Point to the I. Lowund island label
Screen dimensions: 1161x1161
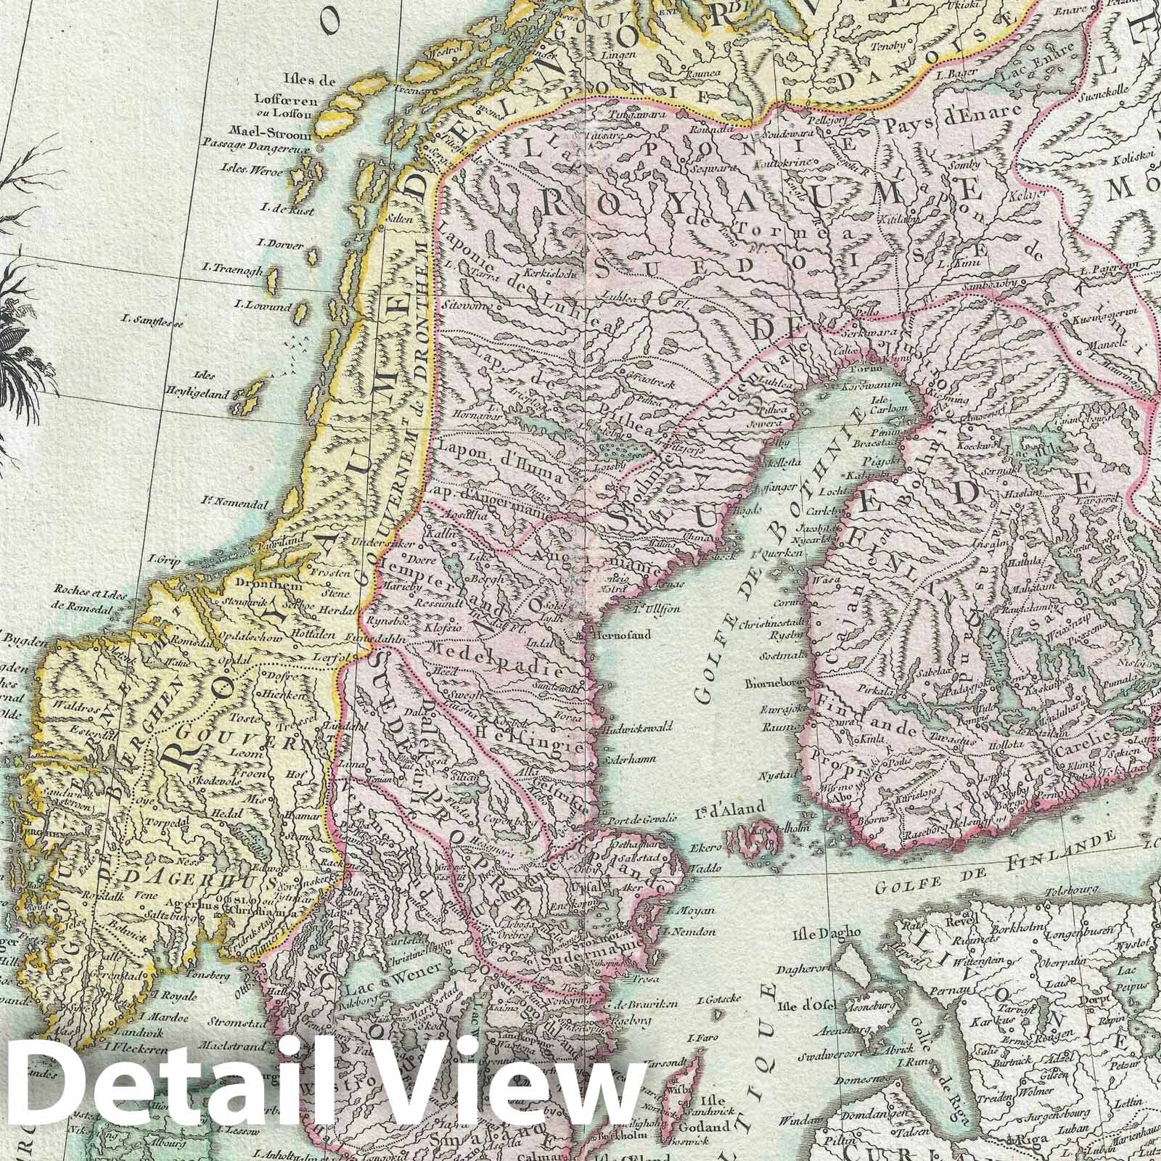coord(263,307)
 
